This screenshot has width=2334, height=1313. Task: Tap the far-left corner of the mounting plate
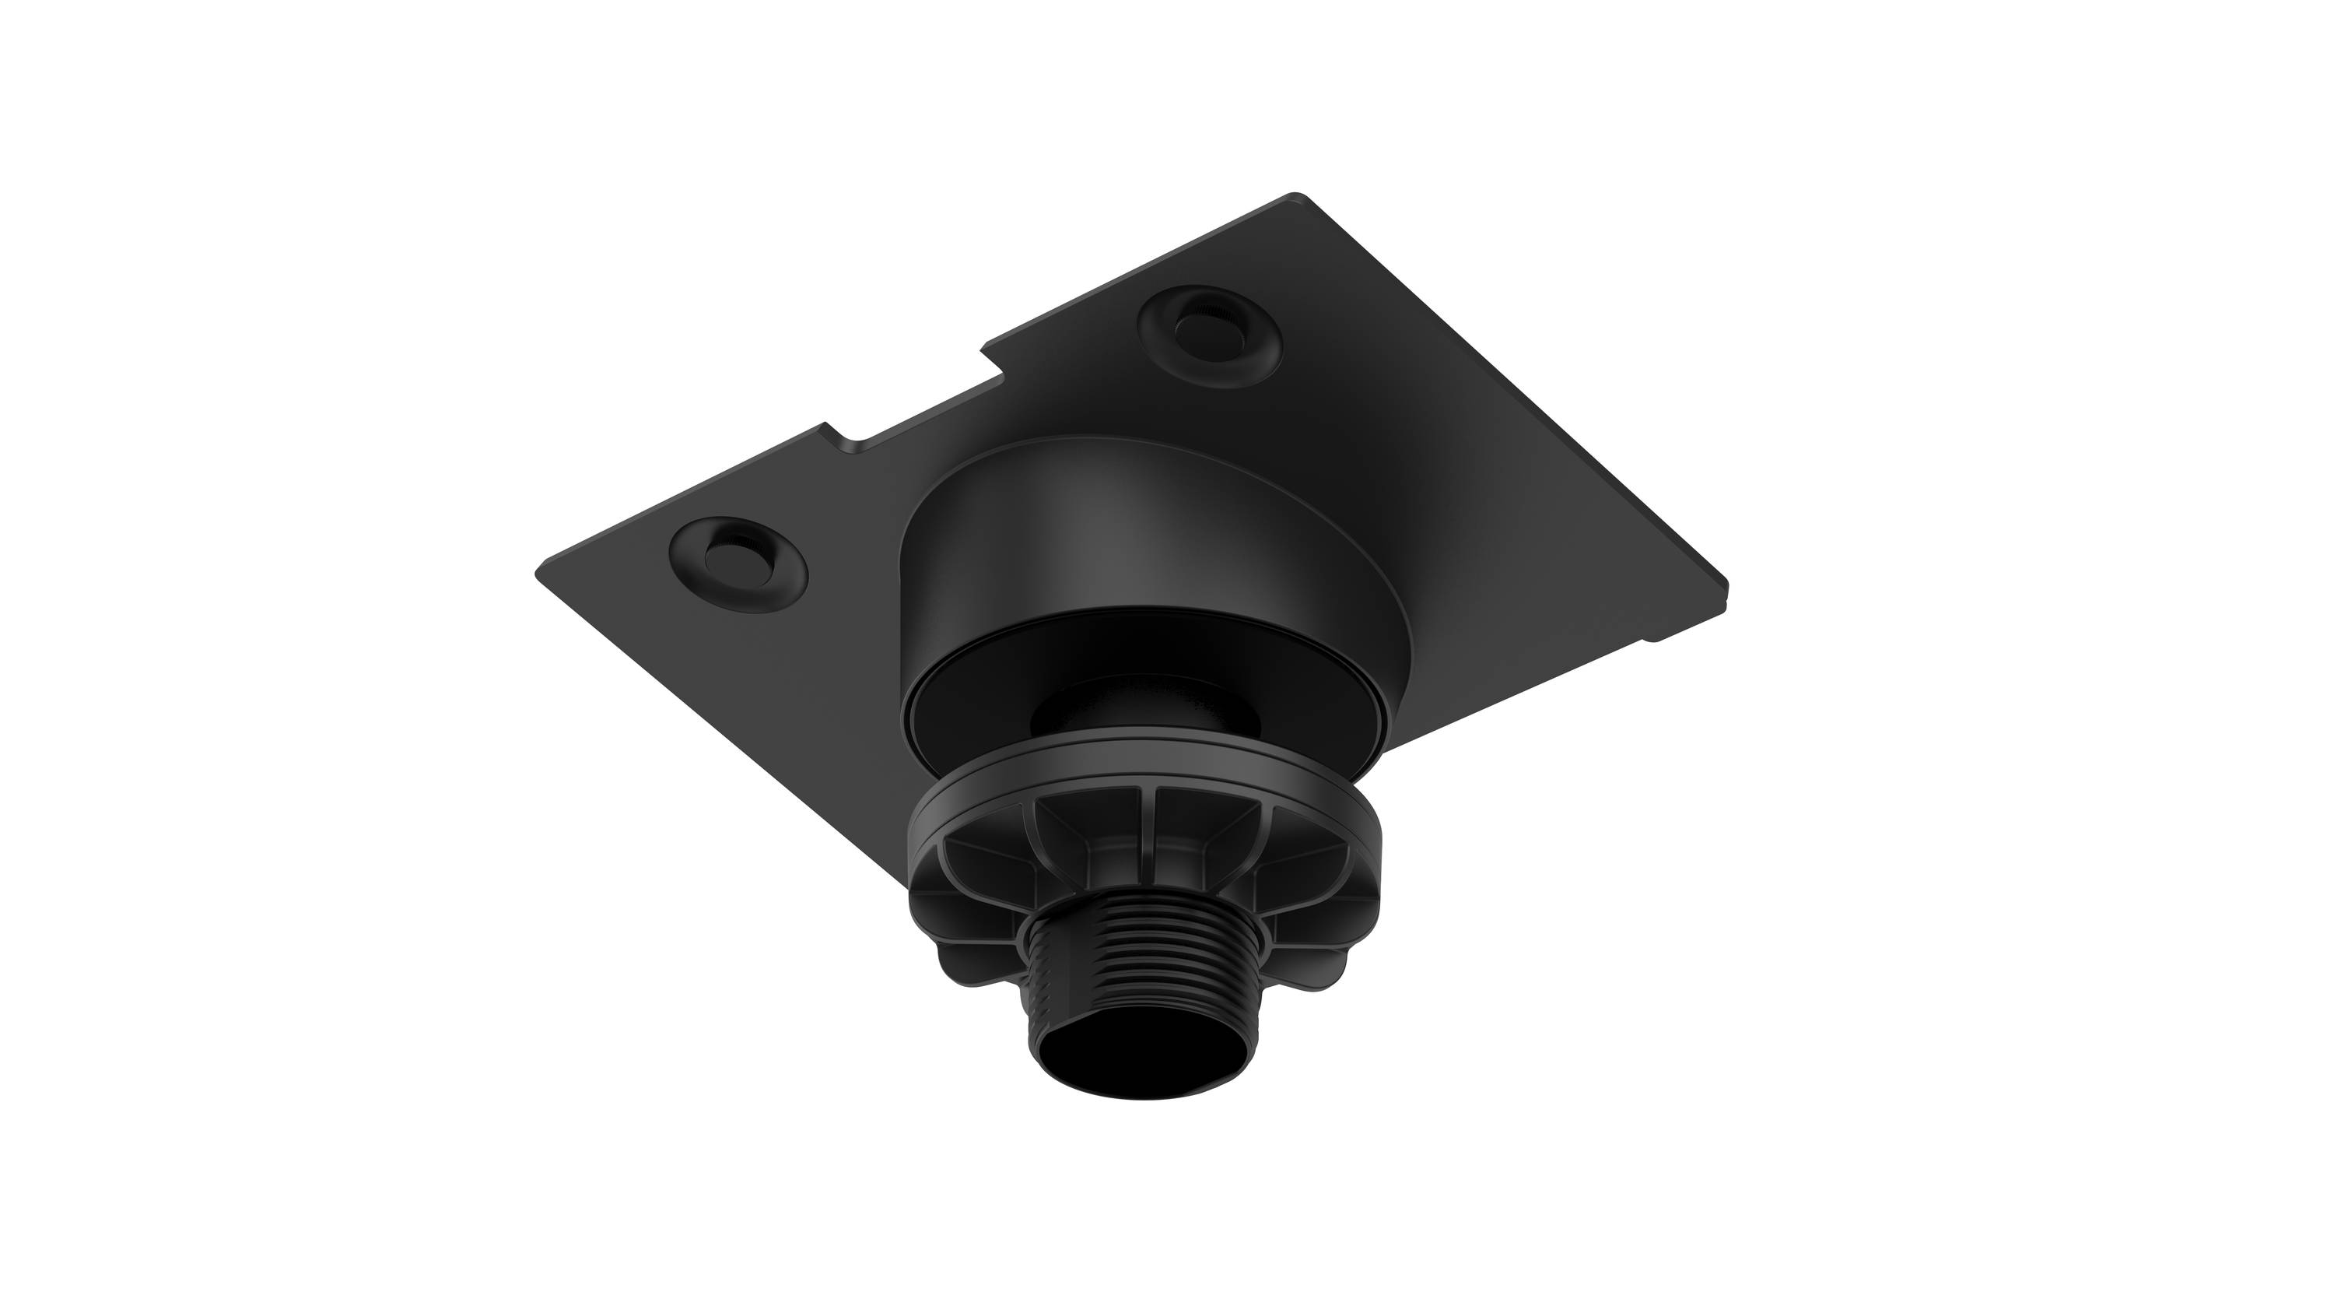[540, 574]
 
